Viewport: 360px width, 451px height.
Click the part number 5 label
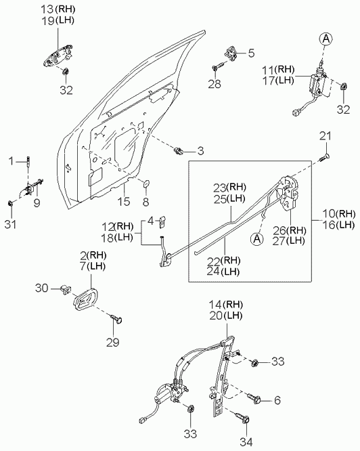pos(251,53)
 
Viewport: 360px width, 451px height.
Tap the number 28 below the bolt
pos(215,84)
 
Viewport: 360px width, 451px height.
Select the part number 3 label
pos(200,151)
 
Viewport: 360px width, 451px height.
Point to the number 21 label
pos(325,136)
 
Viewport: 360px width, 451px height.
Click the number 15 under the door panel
pos(124,202)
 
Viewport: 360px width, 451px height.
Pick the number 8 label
pos(145,202)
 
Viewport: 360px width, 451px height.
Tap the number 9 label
pos(37,202)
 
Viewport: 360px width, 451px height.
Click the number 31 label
pos(11,224)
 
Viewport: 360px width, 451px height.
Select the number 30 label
pos(42,288)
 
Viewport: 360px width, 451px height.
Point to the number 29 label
pos(112,342)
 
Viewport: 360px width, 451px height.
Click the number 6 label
pos(277,400)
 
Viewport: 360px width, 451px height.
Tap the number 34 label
pos(247,442)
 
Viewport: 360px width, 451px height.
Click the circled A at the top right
pos(325,39)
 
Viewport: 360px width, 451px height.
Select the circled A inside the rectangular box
pos(257,239)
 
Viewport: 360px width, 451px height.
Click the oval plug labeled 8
pos(146,184)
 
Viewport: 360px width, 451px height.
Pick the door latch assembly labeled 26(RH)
pos(288,193)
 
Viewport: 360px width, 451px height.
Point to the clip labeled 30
pos(66,289)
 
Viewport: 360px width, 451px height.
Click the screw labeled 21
pos(324,158)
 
